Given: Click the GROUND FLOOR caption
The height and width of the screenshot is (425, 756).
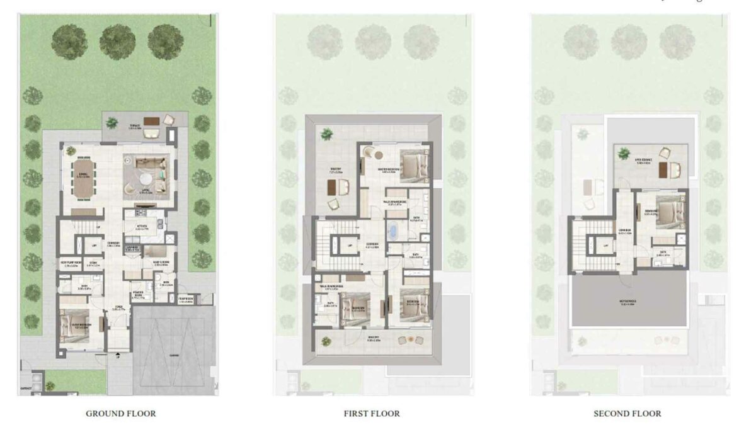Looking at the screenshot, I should [120, 414].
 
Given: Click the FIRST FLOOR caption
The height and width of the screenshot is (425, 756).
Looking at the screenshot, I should [372, 414].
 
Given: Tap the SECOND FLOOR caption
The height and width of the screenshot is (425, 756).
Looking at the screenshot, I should [627, 414].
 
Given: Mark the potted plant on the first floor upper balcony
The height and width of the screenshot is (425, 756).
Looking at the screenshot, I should [326, 133].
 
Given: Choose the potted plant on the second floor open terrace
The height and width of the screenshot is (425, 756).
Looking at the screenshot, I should [623, 152].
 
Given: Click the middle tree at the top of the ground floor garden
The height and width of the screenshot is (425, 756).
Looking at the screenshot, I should [117, 38].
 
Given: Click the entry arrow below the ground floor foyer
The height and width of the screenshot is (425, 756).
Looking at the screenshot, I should [118, 357].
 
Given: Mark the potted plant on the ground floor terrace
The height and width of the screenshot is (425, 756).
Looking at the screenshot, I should [112, 122].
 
